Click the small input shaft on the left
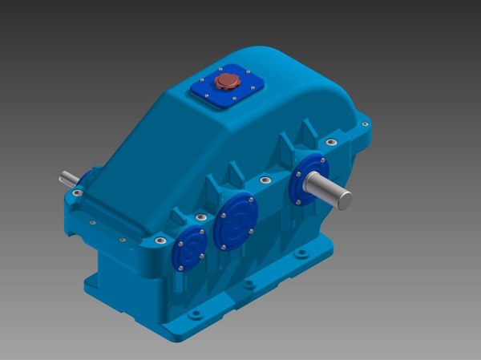click(x=67, y=179)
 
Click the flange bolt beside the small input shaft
click(x=76, y=192)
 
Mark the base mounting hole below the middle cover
click(x=249, y=284)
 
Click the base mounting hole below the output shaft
click(x=301, y=253)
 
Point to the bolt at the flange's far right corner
click(x=366, y=124)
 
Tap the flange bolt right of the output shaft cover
click(x=328, y=142)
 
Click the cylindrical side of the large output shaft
click(x=329, y=190)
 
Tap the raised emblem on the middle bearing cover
click(x=234, y=224)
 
